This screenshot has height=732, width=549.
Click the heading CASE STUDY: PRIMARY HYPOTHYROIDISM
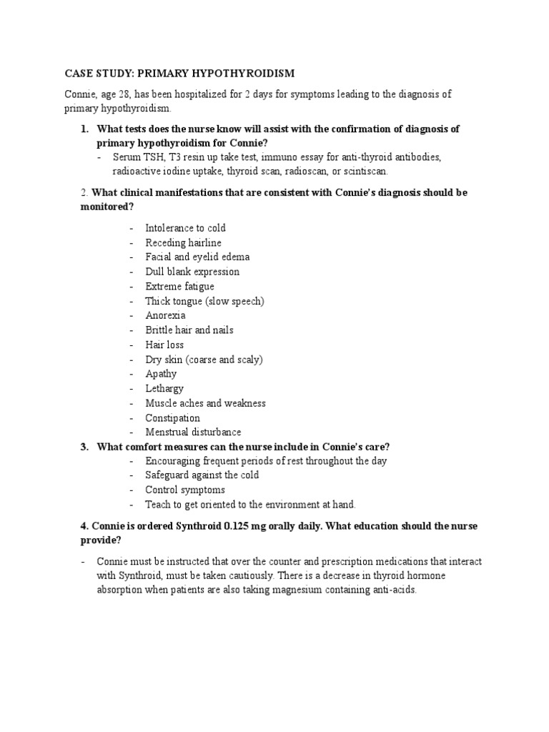[179, 74]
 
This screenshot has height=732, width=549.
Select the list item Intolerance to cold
[185, 228]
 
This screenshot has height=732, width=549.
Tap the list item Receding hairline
[184, 242]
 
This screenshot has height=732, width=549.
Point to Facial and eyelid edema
[197, 257]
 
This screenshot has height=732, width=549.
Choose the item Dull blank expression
[192, 272]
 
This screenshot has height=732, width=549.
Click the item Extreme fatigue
[179, 286]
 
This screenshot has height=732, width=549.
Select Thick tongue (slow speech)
[204, 301]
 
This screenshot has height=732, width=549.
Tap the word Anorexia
[165, 315]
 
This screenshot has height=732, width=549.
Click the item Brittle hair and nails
[189, 330]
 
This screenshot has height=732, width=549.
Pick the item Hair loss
[164, 345]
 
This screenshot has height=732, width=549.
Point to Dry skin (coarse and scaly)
[204, 360]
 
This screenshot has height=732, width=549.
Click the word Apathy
[161, 374]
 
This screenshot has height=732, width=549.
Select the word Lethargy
[164, 389]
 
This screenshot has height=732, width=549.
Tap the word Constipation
[172, 418]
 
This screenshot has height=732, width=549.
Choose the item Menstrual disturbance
[193, 432]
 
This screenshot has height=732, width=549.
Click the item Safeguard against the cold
[202, 475]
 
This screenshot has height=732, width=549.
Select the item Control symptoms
[184, 490]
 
